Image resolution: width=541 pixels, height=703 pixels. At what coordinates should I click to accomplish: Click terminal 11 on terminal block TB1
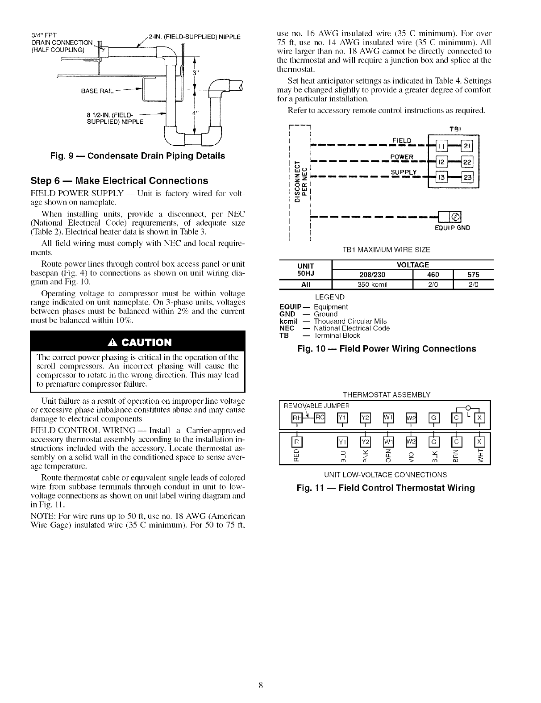click(x=441, y=147)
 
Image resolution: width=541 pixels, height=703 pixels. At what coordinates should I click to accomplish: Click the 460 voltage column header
click(x=433, y=274)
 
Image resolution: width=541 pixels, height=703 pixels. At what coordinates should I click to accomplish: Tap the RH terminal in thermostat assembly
click(x=296, y=418)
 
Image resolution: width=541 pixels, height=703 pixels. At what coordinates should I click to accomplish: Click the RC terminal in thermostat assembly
click(x=320, y=418)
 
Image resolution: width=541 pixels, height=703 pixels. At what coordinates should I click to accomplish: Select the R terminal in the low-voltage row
click(x=295, y=442)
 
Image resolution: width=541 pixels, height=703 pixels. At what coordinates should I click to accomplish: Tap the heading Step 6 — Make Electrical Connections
click(x=119, y=180)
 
